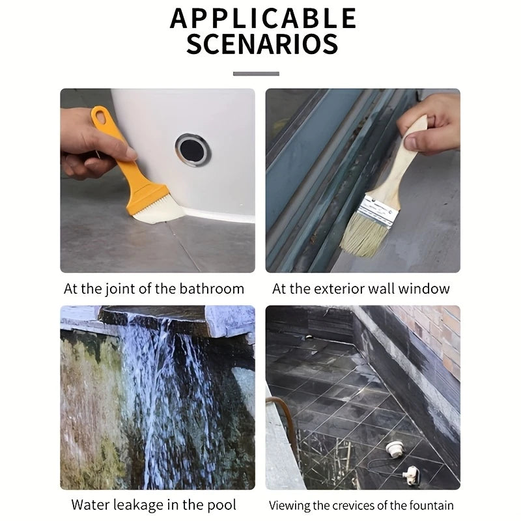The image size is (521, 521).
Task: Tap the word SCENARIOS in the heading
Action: (262, 44)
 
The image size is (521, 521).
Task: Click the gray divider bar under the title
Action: (256, 74)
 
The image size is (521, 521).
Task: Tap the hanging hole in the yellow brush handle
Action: (100, 117)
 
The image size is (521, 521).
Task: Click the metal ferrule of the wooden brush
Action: (377, 210)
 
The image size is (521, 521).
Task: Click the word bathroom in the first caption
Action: (211, 289)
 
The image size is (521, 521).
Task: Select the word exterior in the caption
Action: (330, 289)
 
